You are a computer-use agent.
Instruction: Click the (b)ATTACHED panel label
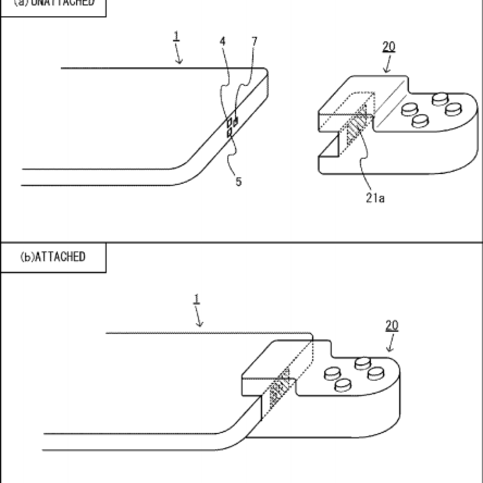click(x=53, y=257)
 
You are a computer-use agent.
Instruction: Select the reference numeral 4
click(x=222, y=41)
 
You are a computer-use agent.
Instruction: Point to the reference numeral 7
click(x=255, y=41)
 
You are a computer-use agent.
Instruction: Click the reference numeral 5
click(x=239, y=182)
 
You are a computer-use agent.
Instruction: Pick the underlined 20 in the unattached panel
click(x=389, y=47)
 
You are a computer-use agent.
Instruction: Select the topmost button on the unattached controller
click(x=441, y=98)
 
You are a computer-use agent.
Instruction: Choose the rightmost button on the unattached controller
click(x=454, y=109)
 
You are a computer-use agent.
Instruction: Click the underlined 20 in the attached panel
click(x=392, y=325)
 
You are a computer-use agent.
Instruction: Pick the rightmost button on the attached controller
click(x=376, y=373)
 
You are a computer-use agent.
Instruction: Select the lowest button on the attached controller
click(x=342, y=385)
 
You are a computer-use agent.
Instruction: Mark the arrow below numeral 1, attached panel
click(x=199, y=319)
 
